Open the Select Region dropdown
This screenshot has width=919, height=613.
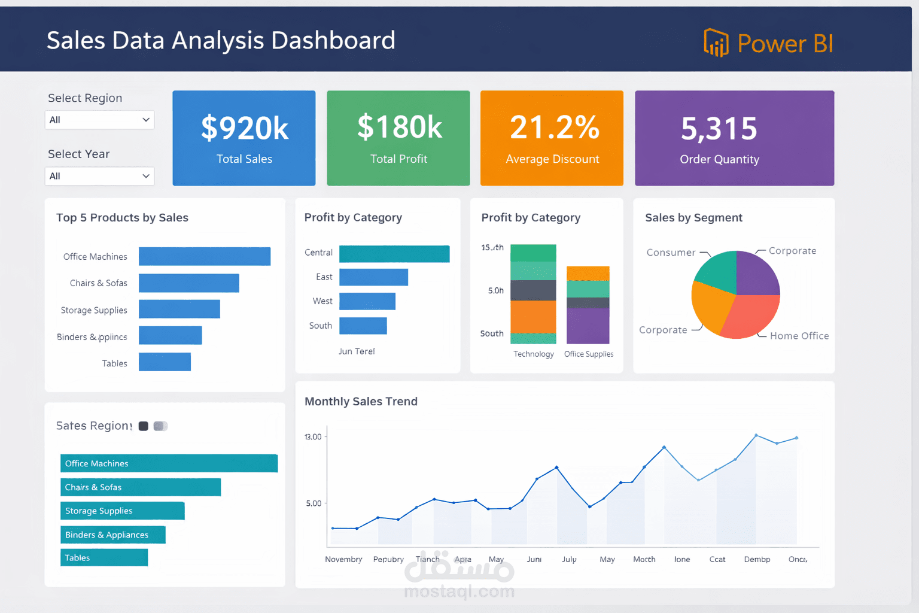coord(99,120)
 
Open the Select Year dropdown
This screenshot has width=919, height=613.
coord(99,176)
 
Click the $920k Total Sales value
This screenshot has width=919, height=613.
coord(244,128)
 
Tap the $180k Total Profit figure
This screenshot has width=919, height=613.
coord(399,128)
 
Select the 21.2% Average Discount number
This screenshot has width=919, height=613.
coord(554,128)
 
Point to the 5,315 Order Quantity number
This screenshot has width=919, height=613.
coord(719,129)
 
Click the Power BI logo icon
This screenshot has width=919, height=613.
coord(716,43)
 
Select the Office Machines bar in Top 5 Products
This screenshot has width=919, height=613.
coord(204,256)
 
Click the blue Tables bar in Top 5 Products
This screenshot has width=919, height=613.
coord(165,362)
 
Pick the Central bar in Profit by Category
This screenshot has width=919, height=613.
coord(394,254)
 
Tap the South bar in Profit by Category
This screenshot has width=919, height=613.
coord(363,326)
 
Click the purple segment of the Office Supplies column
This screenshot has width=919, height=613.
coord(588,326)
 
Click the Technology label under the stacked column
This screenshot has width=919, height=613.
coord(533,354)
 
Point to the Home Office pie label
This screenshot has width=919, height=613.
coord(799,336)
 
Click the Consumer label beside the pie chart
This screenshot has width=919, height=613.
coord(671,253)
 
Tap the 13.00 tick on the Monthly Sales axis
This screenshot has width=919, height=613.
coord(313,437)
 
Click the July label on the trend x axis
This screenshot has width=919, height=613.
coord(569,559)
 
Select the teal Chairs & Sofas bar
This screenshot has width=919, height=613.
coord(140,487)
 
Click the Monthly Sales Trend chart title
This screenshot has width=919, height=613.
coord(361,401)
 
